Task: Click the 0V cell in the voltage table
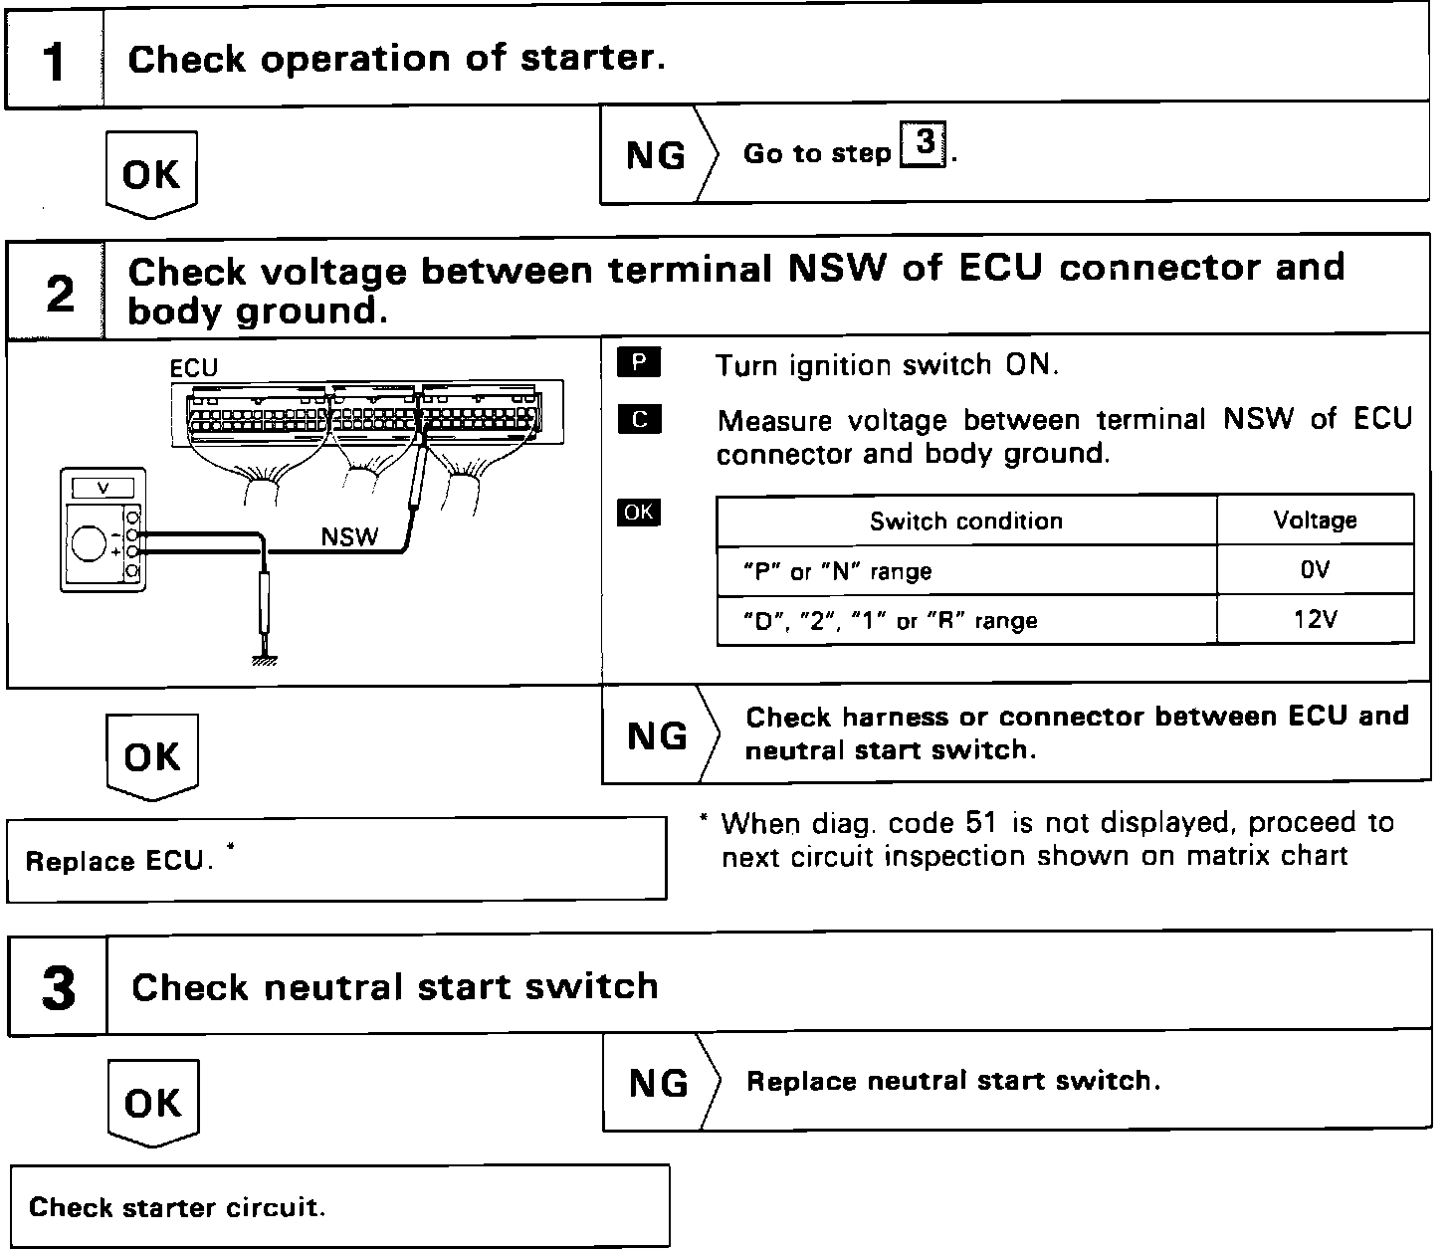[1314, 570]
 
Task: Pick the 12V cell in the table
[1314, 620]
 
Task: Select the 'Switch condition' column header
[965, 521]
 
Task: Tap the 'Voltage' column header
[1314, 521]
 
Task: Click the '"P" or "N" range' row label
[837, 571]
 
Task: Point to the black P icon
[638, 363]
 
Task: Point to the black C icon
[638, 419]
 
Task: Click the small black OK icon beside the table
[638, 512]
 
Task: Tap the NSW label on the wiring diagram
[349, 537]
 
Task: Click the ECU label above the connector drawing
[193, 368]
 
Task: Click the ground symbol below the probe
[265, 659]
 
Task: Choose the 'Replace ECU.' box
[336, 860]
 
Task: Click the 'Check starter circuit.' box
[339, 1206]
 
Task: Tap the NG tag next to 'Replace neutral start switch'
[658, 1083]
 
